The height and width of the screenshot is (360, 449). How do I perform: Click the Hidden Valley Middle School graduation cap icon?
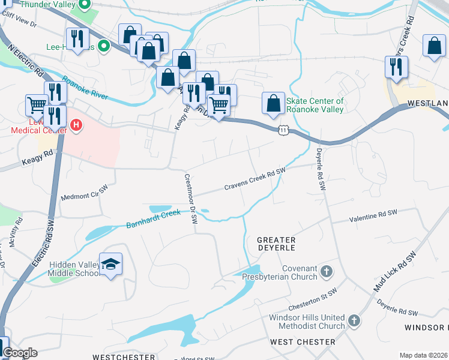(x=111, y=265)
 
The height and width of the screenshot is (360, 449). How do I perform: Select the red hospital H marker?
(x=76, y=125)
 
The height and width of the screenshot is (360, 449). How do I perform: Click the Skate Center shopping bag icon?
(x=273, y=103)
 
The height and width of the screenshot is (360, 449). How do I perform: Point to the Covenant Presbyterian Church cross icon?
(x=326, y=272)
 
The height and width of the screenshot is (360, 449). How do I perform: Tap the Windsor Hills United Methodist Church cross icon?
(x=354, y=321)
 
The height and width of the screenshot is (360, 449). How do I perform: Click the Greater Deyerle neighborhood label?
(x=276, y=243)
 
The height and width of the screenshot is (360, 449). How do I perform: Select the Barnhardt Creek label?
(x=153, y=219)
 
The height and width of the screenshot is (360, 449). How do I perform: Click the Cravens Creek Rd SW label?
(x=255, y=179)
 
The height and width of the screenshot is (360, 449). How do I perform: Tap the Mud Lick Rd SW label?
(x=394, y=272)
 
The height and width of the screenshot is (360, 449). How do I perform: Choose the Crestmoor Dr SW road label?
(x=191, y=199)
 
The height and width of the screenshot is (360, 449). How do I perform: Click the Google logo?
(x=20, y=353)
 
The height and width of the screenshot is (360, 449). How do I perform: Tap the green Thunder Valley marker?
(x=85, y=7)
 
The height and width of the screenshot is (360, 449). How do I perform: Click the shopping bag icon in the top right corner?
(x=434, y=46)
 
